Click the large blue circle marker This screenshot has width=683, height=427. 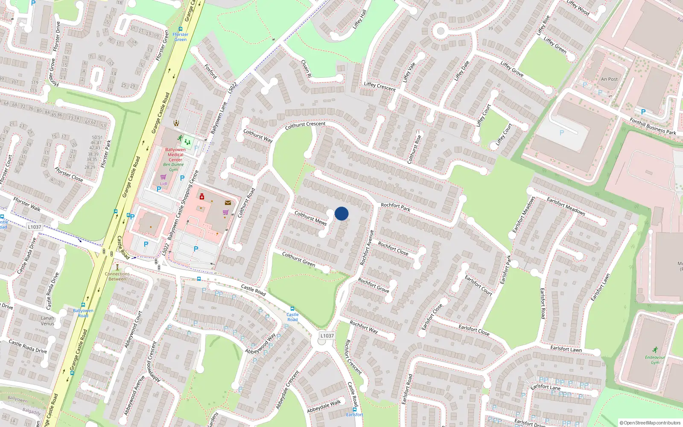[x=341, y=213]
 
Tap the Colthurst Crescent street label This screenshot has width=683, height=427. [x=305, y=125]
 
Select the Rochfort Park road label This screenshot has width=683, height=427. [x=395, y=207]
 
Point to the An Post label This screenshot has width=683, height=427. [x=609, y=79]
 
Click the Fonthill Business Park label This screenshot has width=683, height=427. [x=653, y=126]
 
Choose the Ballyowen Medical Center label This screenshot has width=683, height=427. [x=175, y=155]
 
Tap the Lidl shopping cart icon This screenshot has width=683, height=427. [x=163, y=177]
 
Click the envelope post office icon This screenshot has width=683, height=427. [x=228, y=203]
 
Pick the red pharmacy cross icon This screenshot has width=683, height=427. [x=202, y=196]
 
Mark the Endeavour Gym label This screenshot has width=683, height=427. [x=655, y=360]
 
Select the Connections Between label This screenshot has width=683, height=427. [x=117, y=276]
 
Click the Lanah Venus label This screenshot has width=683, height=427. [x=47, y=321]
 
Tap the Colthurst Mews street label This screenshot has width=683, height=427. [x=310, y=218]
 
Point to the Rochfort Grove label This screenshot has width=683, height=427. [x=374, y=285]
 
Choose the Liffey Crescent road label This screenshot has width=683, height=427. [x=379, y=87]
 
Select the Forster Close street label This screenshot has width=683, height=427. [x=69, y=174]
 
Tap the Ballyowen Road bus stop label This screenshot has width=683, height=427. [x=83, y=313]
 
